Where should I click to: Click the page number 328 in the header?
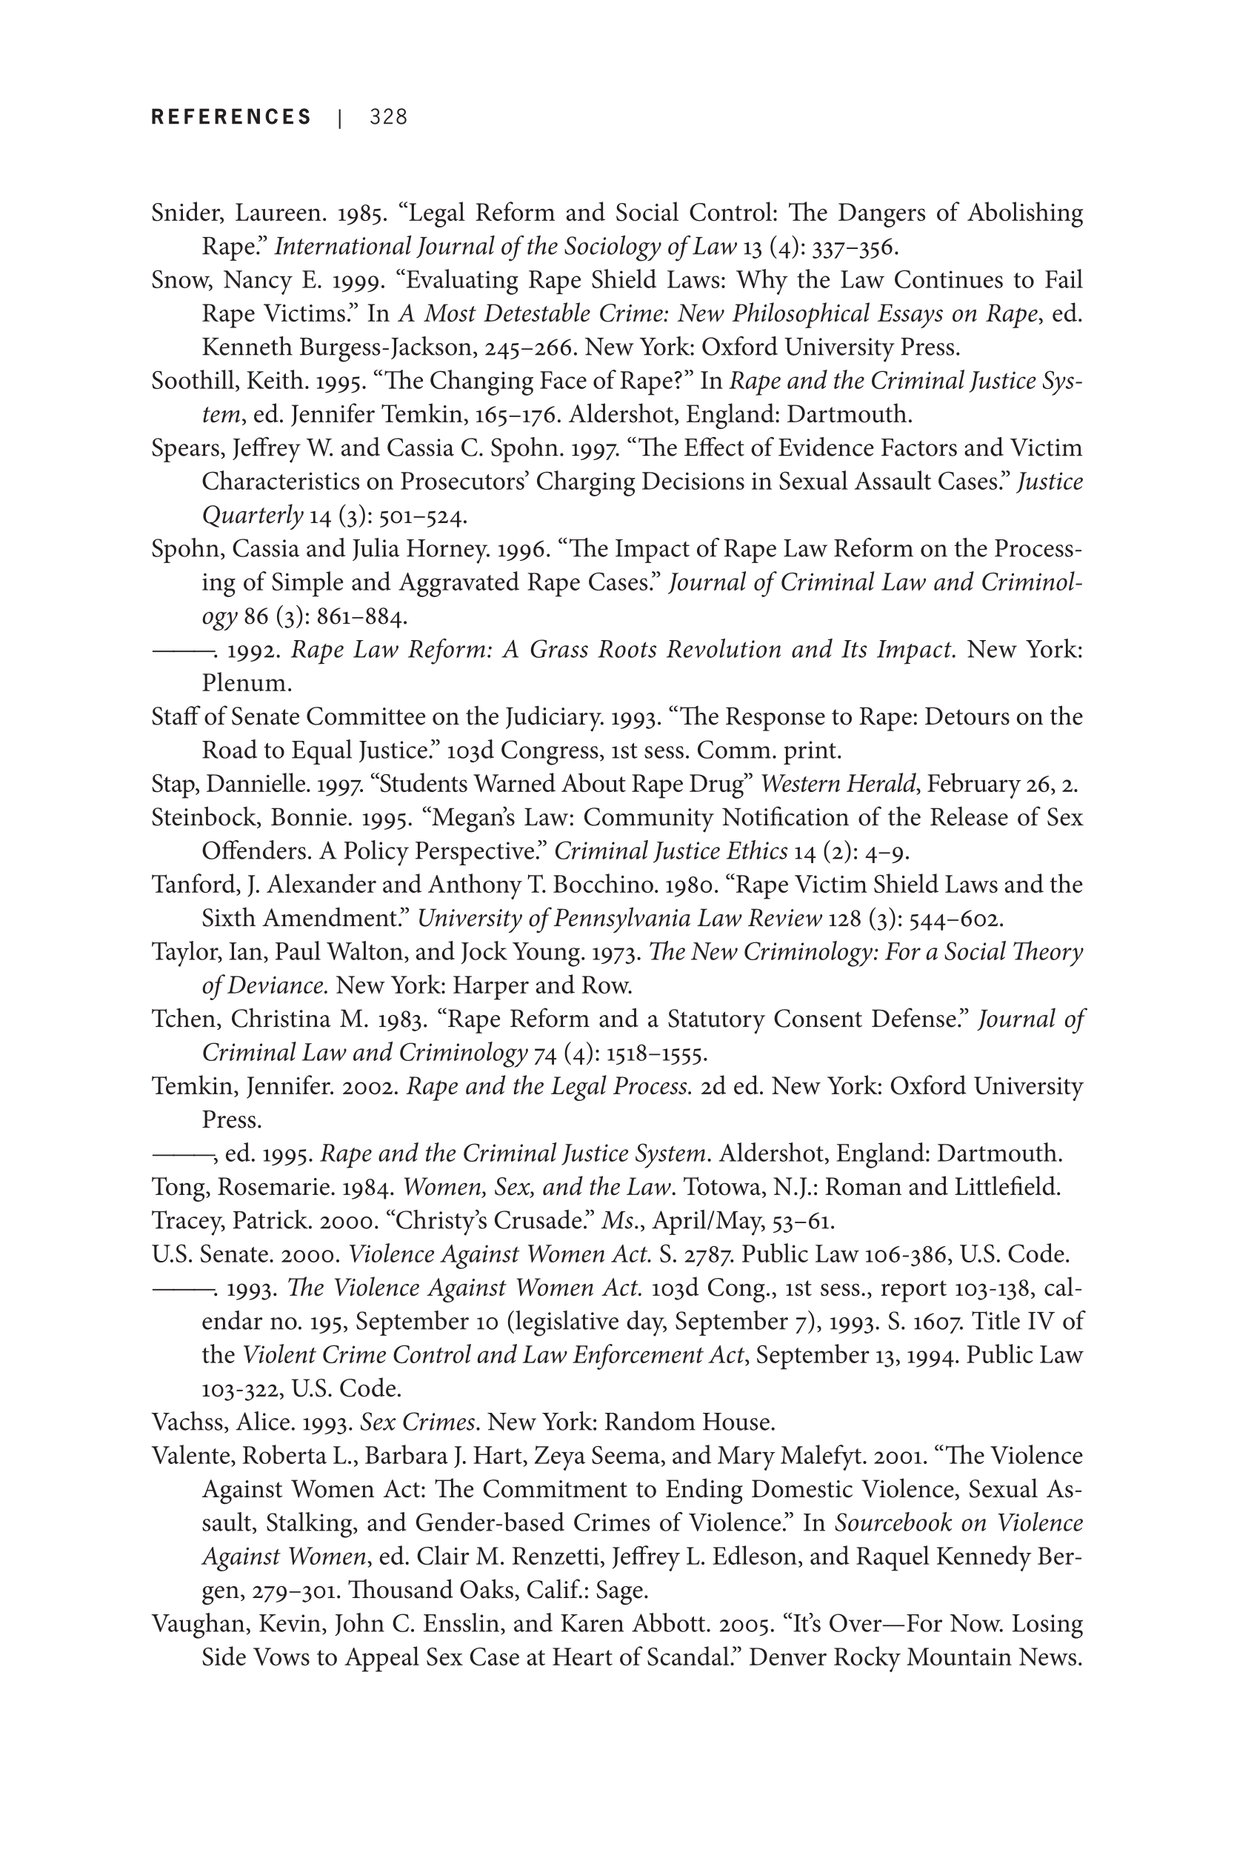coord(388,117)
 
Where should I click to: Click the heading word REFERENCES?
coord(231,117)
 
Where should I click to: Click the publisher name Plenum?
coord(246,683)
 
